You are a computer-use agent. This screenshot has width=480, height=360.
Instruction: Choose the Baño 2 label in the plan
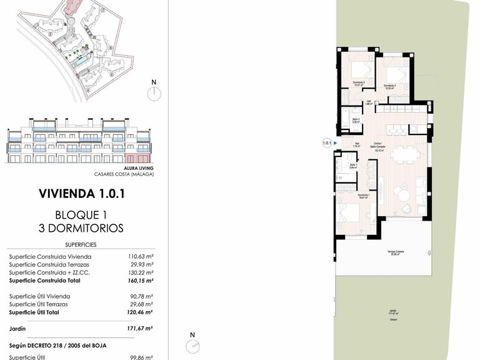tap(356, 120)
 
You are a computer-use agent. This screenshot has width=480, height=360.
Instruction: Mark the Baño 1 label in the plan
tap(352, 166)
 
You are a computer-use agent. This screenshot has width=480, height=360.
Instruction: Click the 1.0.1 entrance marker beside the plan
tap(326, 143)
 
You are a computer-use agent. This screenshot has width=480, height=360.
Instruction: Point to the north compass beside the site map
tap(153, 92)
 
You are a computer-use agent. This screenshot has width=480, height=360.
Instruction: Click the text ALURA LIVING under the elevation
tap(139, 168)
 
